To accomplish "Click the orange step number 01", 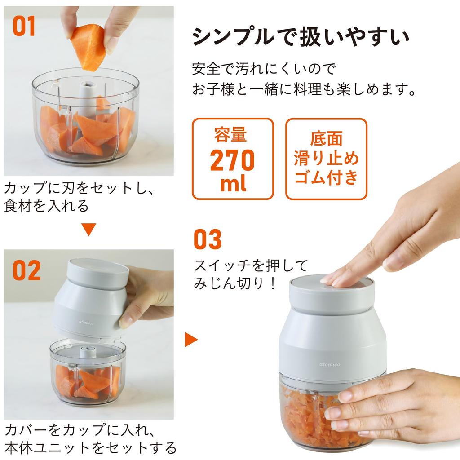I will tap(24, 27).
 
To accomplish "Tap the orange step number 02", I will tap(26, 270).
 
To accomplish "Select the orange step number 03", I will tap(208, 240).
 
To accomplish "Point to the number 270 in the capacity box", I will tap(232, 161).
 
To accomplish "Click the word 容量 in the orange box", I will tap(232, 135).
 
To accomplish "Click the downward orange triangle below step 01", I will tap(89, 230).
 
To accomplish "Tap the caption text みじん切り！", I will tap(234, 284).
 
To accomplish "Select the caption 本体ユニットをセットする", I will tap(90, 448).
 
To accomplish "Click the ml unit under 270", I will tap(233, 184).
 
